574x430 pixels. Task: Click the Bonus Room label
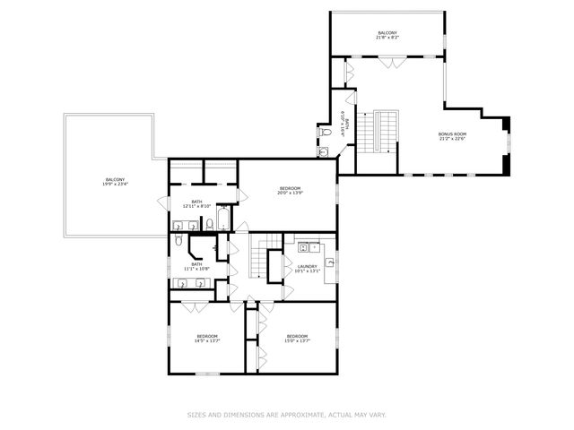point(452,134)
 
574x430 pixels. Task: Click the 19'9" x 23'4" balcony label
point(115,182)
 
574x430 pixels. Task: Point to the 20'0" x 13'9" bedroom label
point(289,191)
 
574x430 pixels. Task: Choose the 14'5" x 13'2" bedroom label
point(207,338)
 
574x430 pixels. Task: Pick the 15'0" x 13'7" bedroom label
point(298,338)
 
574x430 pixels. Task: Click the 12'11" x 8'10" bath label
point(196,204)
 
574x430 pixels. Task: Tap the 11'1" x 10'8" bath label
point(196,266)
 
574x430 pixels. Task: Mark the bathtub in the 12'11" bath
point(223,219)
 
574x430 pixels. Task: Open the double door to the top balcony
point(388,62)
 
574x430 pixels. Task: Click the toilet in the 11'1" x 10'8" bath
point(179,241)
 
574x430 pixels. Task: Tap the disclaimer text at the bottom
point(286,415)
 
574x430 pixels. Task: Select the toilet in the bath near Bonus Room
point(326,133)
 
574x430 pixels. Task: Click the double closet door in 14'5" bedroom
point(196,307)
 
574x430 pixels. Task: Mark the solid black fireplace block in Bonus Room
point(506,125)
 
